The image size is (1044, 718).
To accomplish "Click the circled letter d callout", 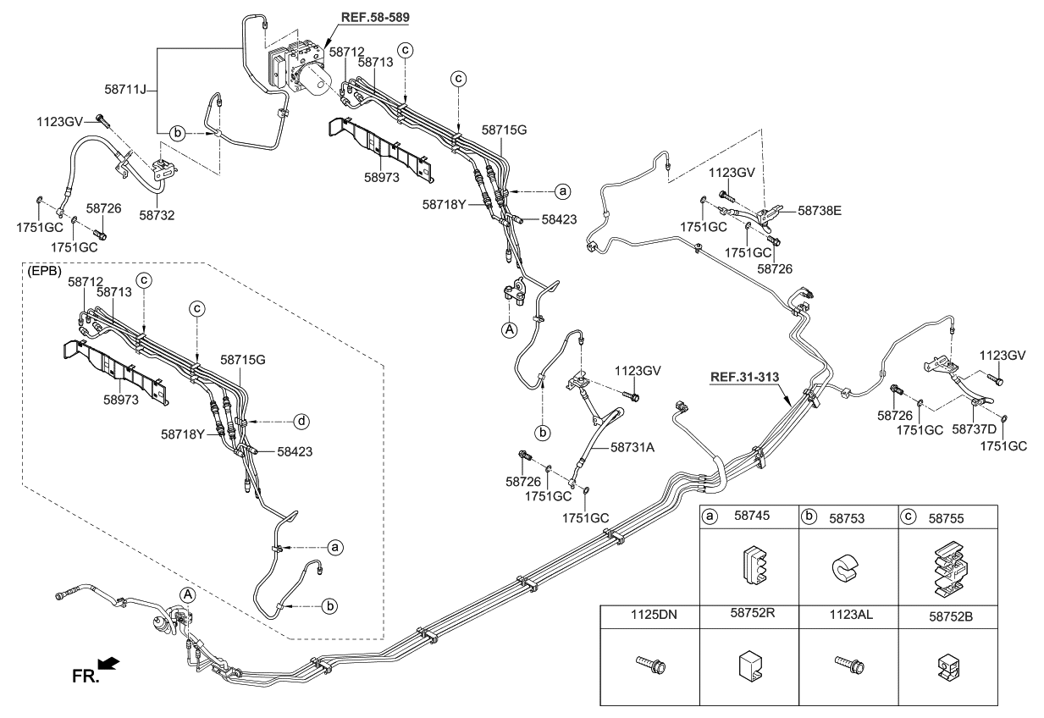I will pyautogui.click(x=301, y=421).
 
